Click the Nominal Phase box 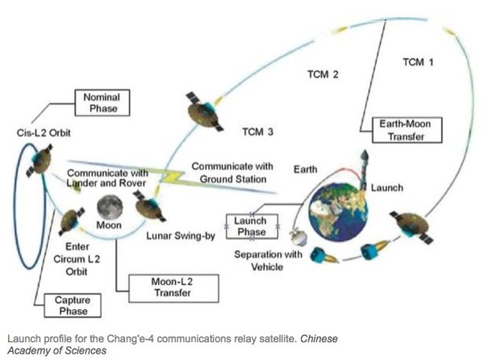pyautogui.click(x=102, y=102)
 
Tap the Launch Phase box pyautogui.click(x=250, y=225)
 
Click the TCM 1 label pyautogui.click(x=419, y=62)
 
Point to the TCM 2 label pyautogui.click(x=322, y=75)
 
